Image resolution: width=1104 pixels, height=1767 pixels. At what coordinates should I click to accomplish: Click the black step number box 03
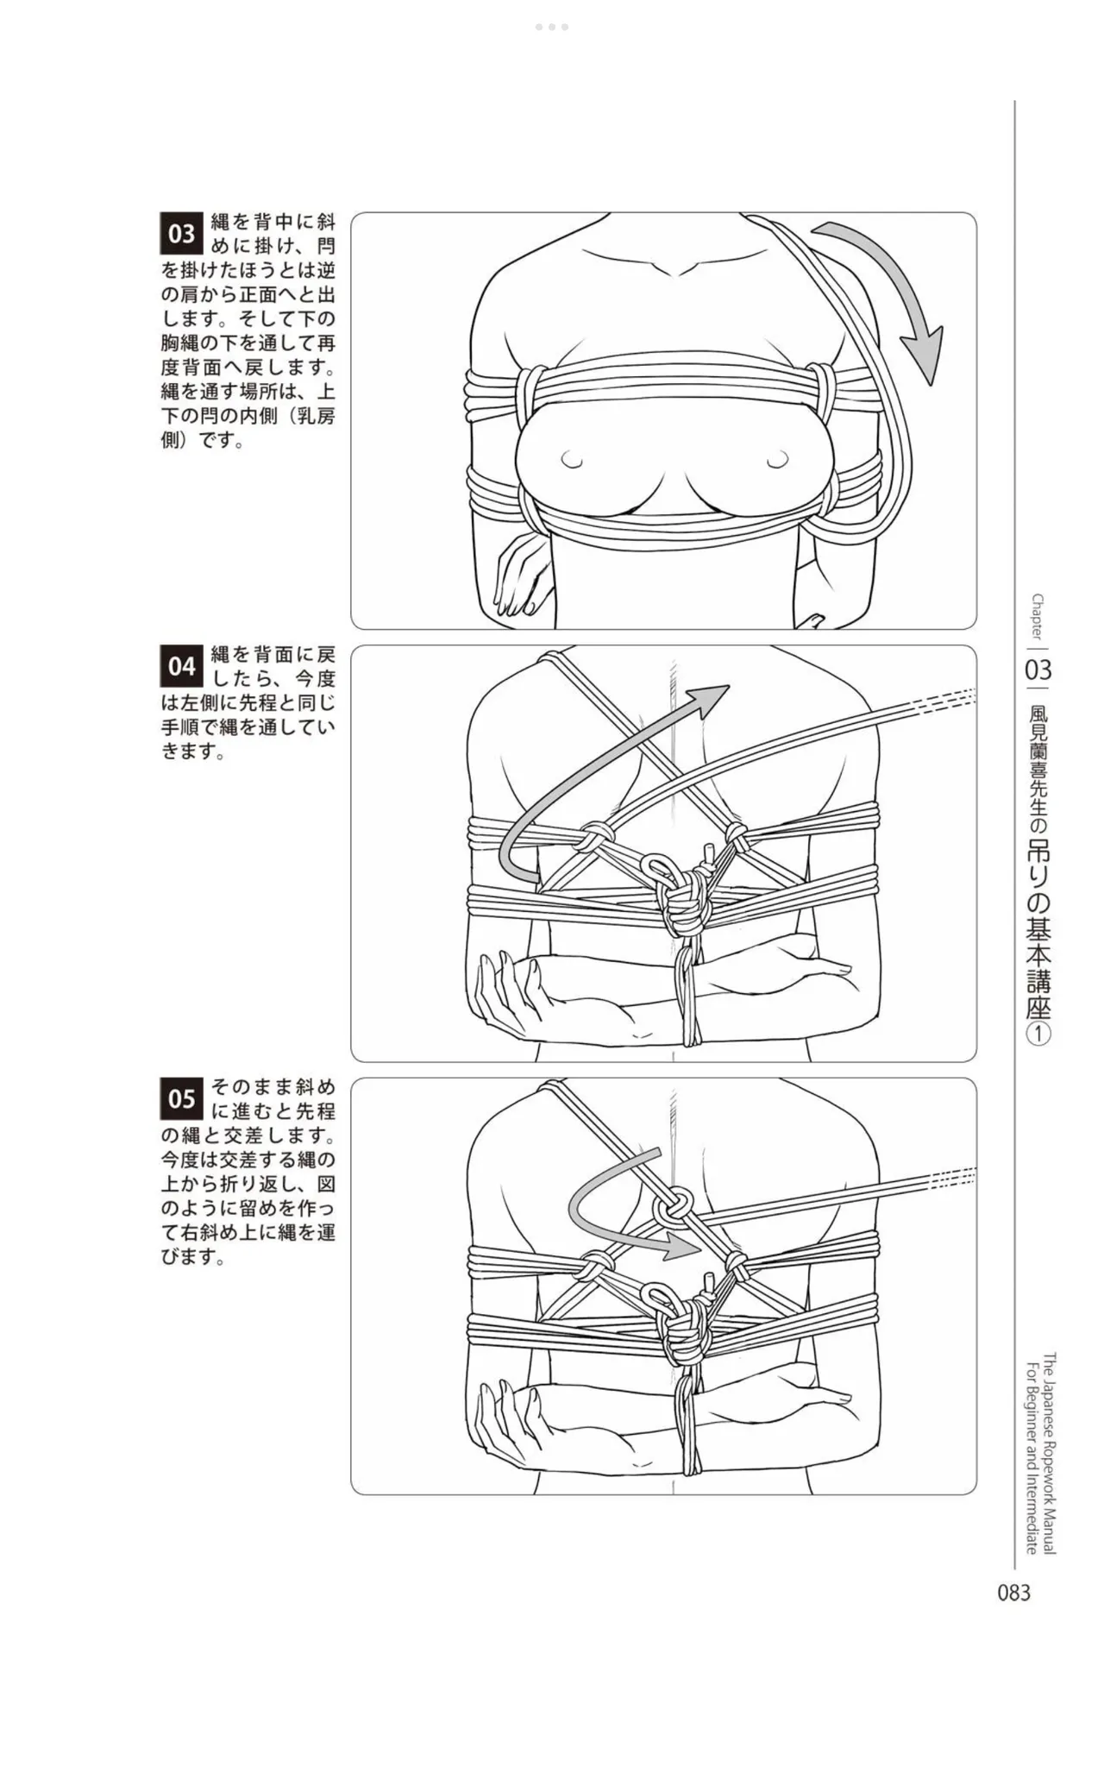tap(181, 234)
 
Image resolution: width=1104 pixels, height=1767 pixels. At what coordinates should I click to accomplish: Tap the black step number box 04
tap(181, 666)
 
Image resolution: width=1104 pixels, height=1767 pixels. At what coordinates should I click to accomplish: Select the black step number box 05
tap(181, 1098)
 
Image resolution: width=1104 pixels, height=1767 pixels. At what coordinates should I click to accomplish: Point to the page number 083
tap(1013, 1593)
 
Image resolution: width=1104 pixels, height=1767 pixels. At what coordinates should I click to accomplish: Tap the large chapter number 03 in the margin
tap(1038, 670)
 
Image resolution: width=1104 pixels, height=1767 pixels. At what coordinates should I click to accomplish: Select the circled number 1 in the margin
tap(1038, 1034)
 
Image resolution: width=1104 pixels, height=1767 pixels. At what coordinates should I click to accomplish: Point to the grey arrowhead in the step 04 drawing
tap(710, 701)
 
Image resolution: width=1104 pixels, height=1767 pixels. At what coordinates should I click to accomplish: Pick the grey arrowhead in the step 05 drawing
tap(681, 1246)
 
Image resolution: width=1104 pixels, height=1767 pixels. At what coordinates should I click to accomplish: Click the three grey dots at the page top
tap(552, 27)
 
